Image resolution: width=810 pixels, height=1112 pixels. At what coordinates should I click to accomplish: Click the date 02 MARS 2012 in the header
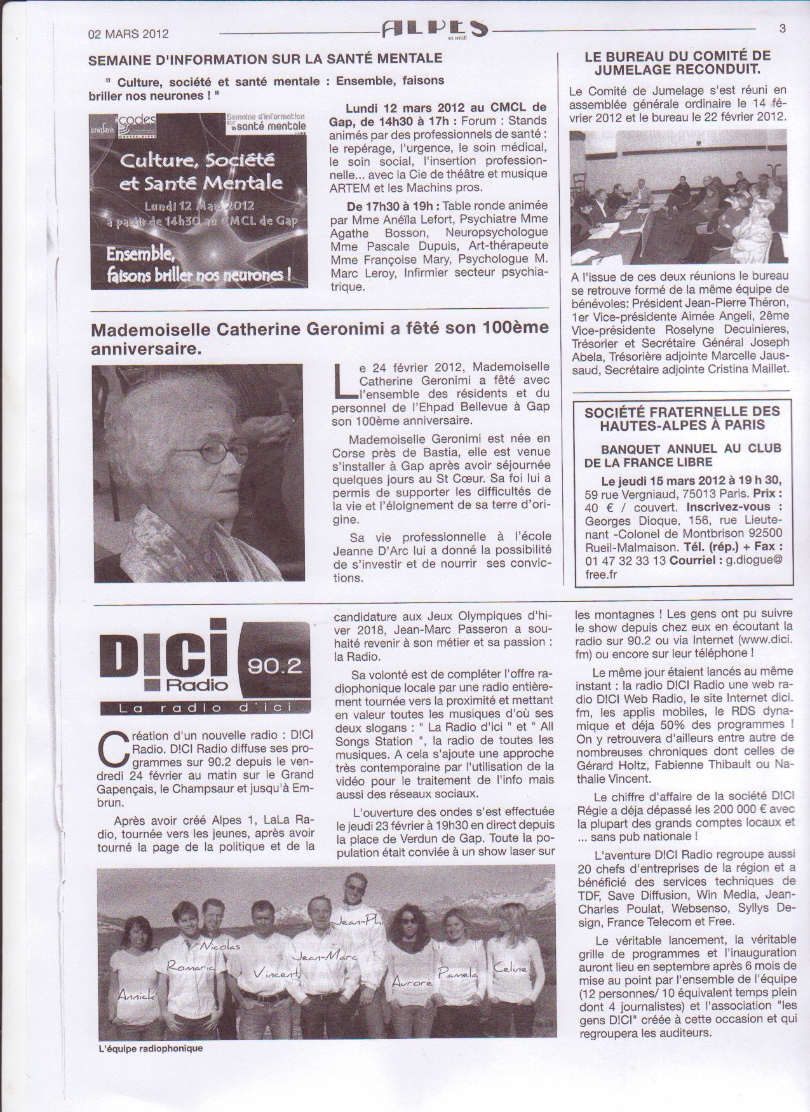pos(128,34)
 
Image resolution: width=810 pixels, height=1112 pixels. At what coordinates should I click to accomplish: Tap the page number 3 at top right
pos(782,29)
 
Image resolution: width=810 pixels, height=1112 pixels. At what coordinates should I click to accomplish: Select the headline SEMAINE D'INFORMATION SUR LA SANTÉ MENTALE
pos(265,58)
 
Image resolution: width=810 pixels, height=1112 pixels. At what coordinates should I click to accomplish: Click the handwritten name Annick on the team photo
pos(136,996)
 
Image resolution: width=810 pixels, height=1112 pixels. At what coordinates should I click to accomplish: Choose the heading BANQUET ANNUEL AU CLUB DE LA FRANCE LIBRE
pos(682,455)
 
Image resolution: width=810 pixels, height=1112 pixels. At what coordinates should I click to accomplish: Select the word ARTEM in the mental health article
pos(349,187)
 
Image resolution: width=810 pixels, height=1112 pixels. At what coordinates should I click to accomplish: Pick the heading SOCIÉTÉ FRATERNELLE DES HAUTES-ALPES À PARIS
pos(682,419)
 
